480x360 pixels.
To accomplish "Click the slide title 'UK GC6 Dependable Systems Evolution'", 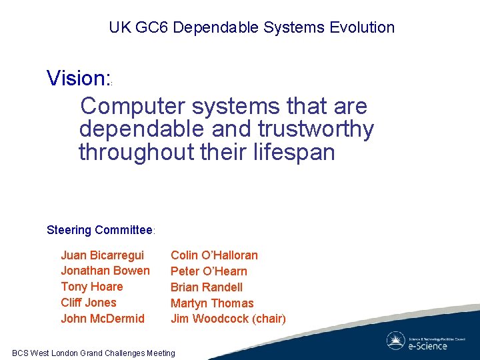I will (x=252, y=28).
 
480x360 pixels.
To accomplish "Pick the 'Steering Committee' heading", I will (x=100, y=231).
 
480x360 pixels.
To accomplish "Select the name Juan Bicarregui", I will (x=102, y=255).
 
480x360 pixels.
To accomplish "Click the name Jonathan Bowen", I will (x=105, y=271).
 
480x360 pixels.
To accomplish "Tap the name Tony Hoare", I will (x=92, y=287).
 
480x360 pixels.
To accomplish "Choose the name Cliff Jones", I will (x=89, y=303).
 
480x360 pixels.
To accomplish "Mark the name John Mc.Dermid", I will (x=103, y=319).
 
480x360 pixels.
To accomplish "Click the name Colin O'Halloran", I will (x=214, y=255).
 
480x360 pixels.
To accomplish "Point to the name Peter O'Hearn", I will (x=209, y=271).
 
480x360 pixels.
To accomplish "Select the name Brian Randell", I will (x=207, y=287).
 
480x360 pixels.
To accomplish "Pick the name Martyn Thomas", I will (x=212, y=303).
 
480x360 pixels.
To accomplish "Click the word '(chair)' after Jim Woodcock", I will (x=269, y=319).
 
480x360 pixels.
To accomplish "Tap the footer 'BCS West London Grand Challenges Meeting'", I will (x=93, y=353).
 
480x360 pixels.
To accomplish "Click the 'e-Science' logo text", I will (x=427, y=345).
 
